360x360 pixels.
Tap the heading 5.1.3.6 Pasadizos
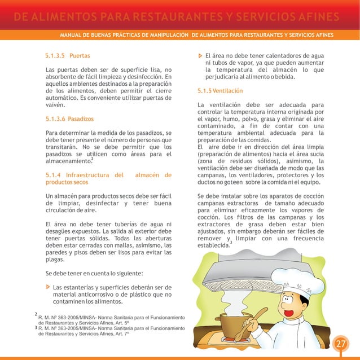[69, 119]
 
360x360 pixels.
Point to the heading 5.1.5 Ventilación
[220, 91]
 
